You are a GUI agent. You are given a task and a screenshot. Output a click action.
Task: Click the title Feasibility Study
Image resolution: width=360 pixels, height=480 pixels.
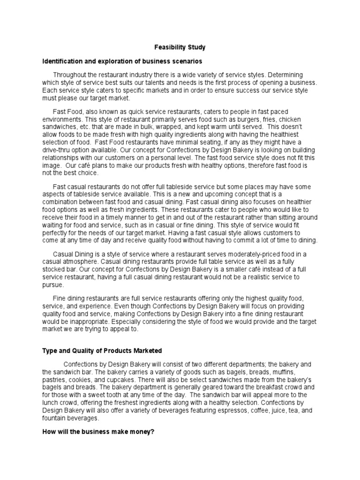[x=180, y=47]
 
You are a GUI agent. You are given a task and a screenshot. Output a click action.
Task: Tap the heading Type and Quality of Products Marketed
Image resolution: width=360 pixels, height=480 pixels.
[x=103, y=350]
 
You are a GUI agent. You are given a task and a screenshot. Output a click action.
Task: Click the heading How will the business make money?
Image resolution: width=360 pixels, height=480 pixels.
[x=98, y=432]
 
